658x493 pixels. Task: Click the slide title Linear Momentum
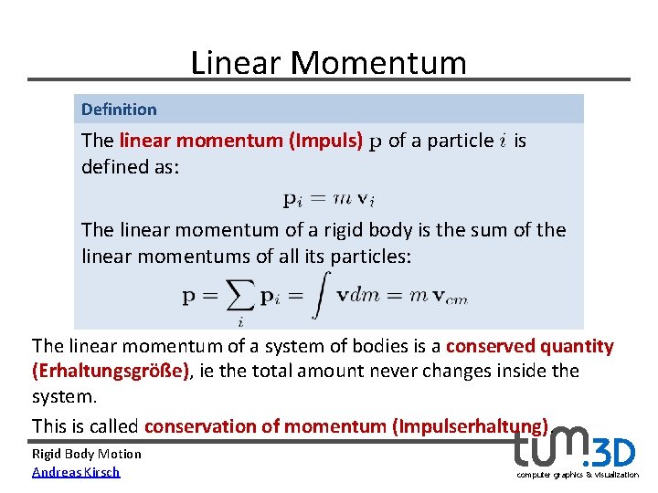(328, 62)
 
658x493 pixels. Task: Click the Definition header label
(119, 110)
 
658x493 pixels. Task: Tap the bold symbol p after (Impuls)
(375, 143)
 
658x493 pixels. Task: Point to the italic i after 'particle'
(503, 141)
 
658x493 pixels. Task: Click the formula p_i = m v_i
(328, 198)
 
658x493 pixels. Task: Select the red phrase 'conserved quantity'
(530, 346)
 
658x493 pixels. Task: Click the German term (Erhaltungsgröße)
(111, 371)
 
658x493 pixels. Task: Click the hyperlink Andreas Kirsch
(76, 471)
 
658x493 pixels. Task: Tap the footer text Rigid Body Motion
(87, 454)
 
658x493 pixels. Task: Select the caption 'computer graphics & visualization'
(578, 475)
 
